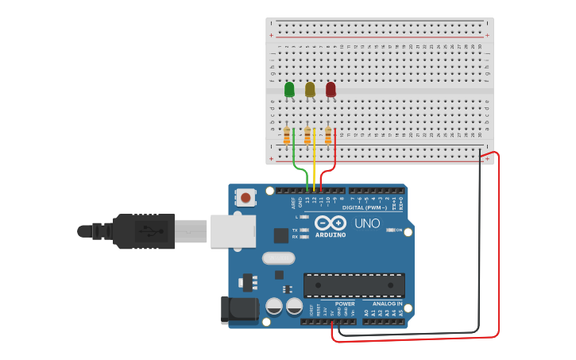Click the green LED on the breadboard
(x=289, y=90)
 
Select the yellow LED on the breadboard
(x=310, y=90)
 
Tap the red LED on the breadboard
(x=331, y=90)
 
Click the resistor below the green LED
(x=287, y=137)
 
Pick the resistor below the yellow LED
(x=307, y=137)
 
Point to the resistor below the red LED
(x=327, y=137)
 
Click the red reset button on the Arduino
(x=246, y=197)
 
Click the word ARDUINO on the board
(x=331, y=234)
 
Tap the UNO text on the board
(x=367, y=223)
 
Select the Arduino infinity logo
(x=330, y=223)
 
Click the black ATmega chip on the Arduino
(x=354, y=285)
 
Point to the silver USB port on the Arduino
(x=232, y=231)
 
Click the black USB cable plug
(x=143, y=231)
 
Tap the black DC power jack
(x=239, y=310)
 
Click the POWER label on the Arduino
(x=345, y=304)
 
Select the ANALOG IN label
(x=388, y=304)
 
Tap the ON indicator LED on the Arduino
(x=391, y=230)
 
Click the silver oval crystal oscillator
(x=278, y=257)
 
